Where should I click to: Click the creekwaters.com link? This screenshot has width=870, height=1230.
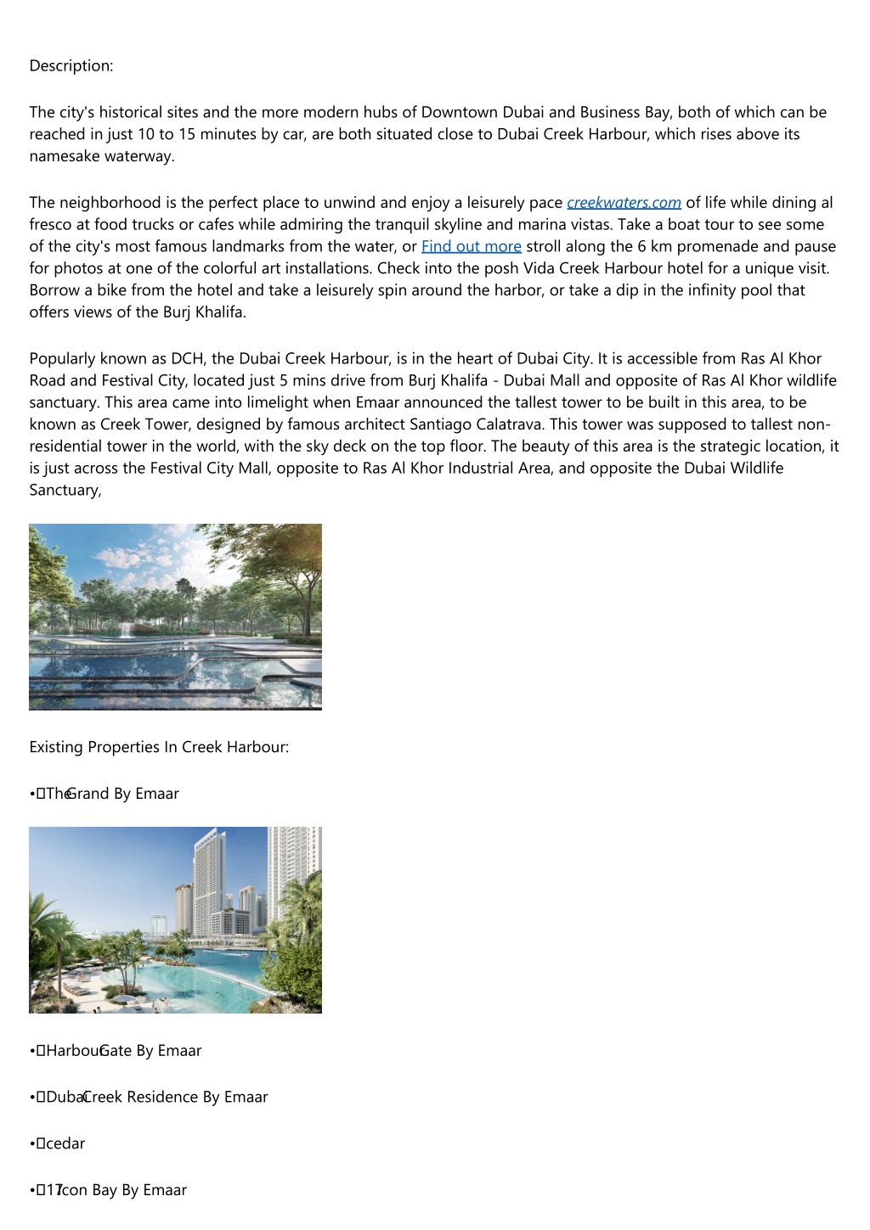(624, 203)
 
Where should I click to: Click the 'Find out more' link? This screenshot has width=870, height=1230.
(471, 246)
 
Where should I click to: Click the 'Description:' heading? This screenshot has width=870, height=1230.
(71, 66)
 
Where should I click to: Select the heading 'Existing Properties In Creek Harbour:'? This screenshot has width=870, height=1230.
(159, 747)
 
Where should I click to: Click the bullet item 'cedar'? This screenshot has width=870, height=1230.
(65, 1143)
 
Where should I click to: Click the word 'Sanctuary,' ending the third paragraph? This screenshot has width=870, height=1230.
(65, 491)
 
